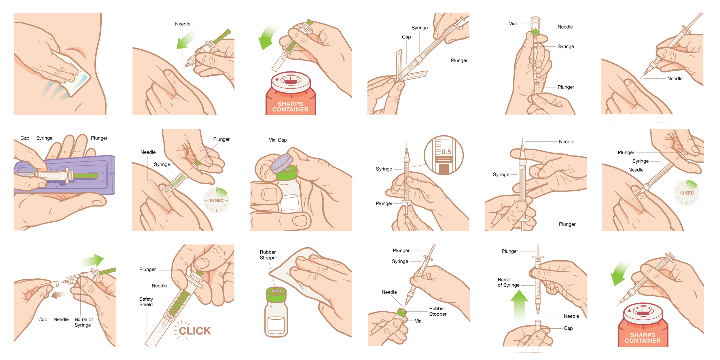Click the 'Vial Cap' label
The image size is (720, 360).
(278, 140)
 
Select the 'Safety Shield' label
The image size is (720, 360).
(146, 302)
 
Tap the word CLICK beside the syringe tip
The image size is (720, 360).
(195, 331)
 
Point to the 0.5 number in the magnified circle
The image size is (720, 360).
(446, 152)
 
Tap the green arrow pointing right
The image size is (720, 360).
(92, 261)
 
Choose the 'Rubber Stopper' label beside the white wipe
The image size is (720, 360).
(268, 255)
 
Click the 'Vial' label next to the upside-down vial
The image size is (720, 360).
(513, 24)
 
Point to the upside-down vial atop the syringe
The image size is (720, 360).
(535, 24)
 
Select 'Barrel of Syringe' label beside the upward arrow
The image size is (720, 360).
(509, 282)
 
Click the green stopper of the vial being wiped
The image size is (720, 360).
(276, 294)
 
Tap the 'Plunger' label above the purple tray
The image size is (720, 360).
(99, 138)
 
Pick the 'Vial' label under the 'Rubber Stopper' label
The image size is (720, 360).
(418, 321)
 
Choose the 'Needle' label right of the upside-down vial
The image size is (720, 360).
(565, 27)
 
